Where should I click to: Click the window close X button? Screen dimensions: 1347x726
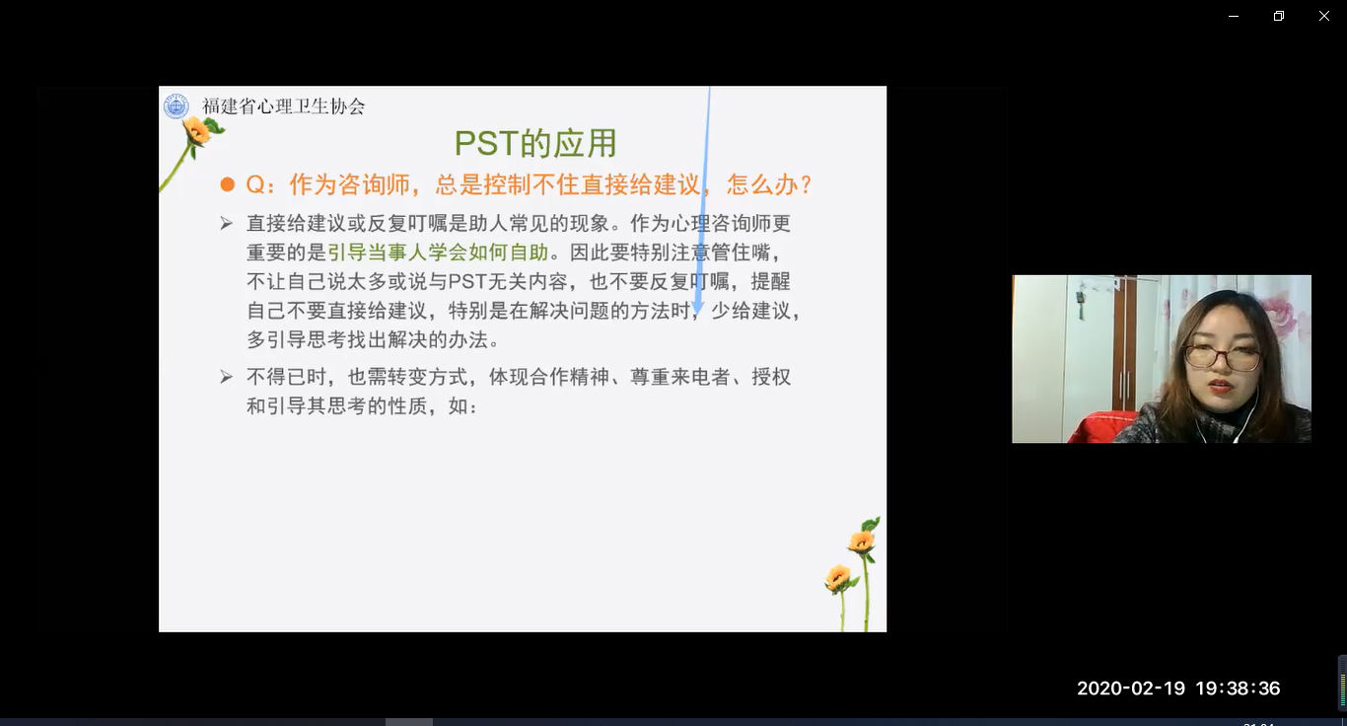click(1324, 16)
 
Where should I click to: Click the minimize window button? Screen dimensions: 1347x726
click(1234, 16)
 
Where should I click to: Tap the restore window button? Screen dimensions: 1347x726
click(1279, 16)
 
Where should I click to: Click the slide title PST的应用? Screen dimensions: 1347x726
click(535, 143)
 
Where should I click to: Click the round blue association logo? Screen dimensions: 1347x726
click(177, 107)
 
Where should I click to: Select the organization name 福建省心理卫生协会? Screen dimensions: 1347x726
click(283, 107)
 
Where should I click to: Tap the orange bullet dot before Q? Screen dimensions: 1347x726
click(228, 184)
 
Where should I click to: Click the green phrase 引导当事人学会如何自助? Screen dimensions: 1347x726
click(438, 252)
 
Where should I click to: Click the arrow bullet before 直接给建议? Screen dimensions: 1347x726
click(226, 224)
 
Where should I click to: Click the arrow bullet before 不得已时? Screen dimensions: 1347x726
click(226, 377)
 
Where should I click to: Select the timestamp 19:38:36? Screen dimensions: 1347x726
click(1238, 689)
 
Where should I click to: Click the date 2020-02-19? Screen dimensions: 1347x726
click(1130, 689)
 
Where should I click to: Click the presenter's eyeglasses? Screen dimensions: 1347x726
click(1223, 358)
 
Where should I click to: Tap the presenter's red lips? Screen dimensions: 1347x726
click(1220, 386)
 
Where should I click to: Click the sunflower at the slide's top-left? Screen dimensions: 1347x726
click(197, 130)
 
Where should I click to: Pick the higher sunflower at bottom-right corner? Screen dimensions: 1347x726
click(861, 542)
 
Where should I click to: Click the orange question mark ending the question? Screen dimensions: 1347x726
click(807, 184)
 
